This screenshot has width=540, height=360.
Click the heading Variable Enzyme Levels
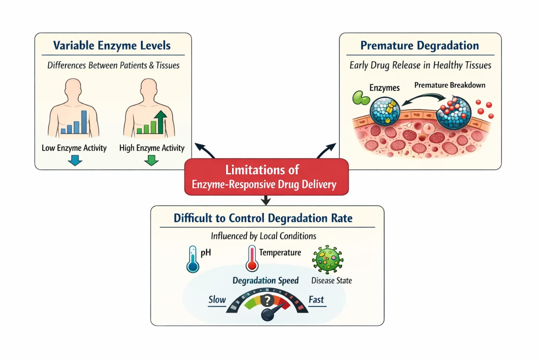112,46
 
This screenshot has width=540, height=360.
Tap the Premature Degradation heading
420,46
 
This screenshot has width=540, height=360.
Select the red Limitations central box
267,177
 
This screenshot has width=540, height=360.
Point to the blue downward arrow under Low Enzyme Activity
74,160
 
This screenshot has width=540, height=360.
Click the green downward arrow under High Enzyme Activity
151,160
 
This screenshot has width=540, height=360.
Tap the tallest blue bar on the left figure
84,122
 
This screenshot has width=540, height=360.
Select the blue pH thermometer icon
192,258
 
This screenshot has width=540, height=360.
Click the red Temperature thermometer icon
251,258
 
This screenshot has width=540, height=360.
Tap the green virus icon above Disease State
327,260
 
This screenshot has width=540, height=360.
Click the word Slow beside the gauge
217,300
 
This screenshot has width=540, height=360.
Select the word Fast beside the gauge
316,300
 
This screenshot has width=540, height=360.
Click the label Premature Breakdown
449,85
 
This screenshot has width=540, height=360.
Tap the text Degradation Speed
266,281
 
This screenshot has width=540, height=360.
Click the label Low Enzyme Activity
74,148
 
